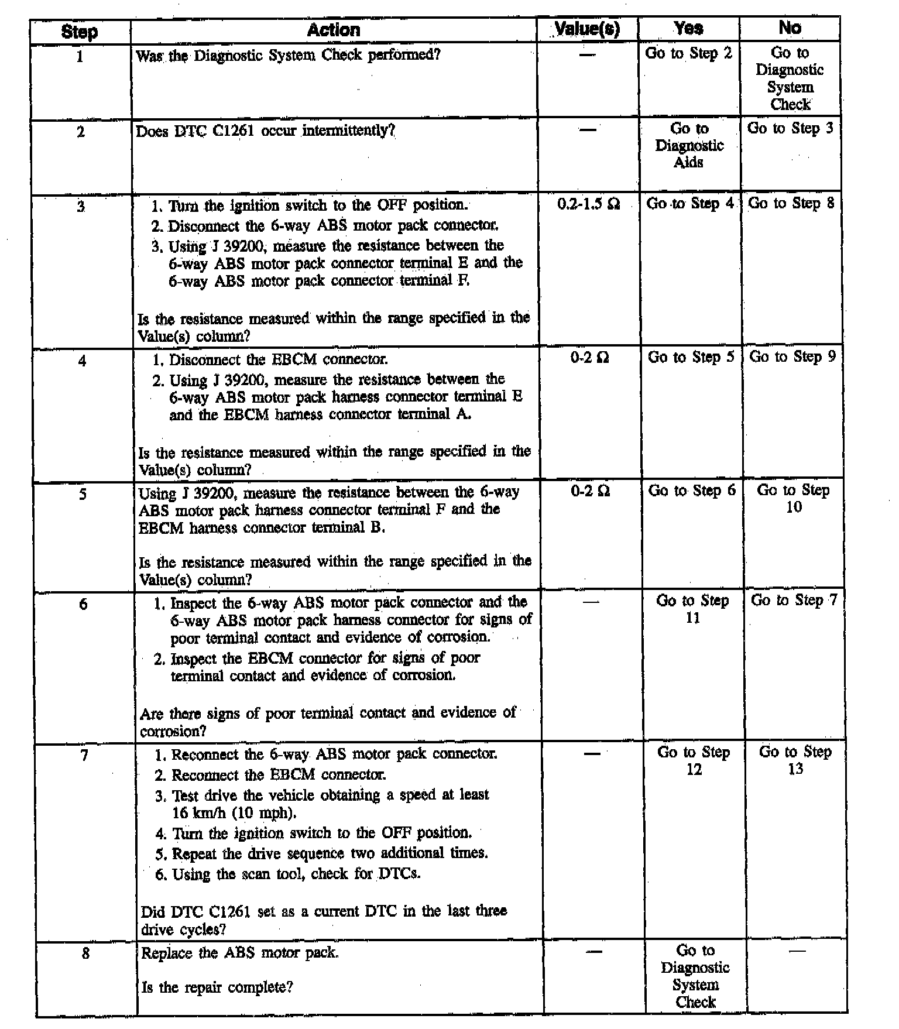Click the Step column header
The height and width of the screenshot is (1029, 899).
coord(80,32)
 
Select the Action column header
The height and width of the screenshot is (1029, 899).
coord(334,30)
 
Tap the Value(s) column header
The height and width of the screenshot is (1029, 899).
coord(587,29)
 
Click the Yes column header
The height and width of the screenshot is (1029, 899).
coord(688,28)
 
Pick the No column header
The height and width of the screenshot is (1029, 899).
coord(790,28)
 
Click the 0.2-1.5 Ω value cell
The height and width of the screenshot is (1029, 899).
coord(588,204)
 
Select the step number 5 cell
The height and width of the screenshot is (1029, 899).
coord(83,495)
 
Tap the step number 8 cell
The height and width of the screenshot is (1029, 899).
coord(85,953)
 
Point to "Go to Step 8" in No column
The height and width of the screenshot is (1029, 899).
coord(791,203)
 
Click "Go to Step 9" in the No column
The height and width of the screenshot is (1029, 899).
coord(792,356)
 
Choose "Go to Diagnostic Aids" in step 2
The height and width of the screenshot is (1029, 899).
coord(689,145)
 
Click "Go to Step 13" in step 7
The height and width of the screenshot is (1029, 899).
coord(795,760)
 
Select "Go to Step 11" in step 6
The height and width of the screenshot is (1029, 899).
coord(693,609)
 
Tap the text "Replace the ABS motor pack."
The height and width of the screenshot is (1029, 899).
coord(240,953)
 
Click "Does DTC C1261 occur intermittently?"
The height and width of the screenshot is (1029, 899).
coord(265,131)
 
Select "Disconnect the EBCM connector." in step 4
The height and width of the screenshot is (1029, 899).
coord(278,359)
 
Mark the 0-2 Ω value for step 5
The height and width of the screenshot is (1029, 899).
coord(590,491)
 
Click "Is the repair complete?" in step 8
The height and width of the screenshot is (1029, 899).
coord(217,988)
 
